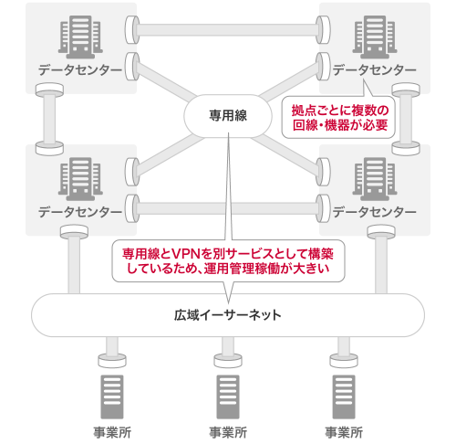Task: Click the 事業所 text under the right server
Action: (344, 432)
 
